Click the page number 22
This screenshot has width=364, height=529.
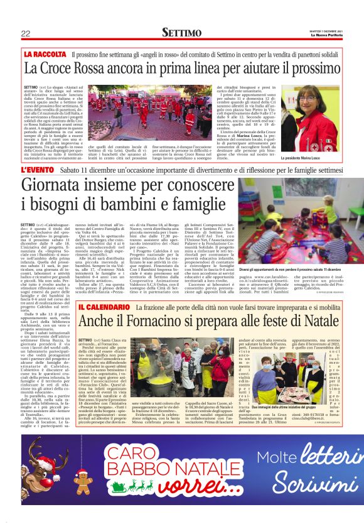tap(26, 33)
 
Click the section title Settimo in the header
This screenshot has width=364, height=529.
tap(181, 33)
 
